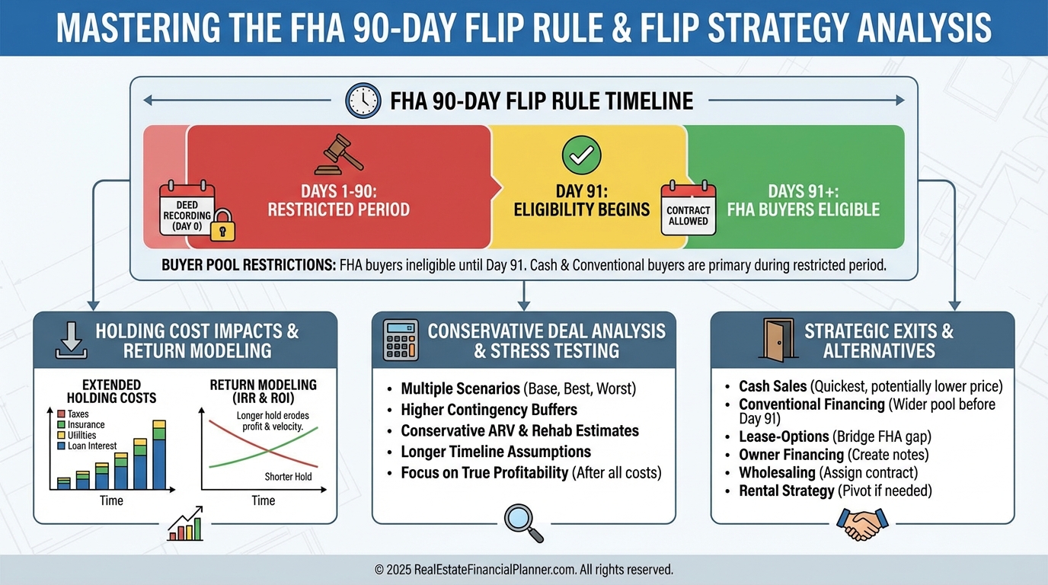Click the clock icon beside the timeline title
[x=363, y=101]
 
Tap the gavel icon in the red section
[x=339, y=155]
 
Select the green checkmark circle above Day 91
[x=582, y=155]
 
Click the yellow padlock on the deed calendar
[x=222, y=225]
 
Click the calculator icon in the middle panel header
[x=401, y=340]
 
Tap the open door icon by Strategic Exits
[x=778, y=340]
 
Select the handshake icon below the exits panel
[x=862, y=524]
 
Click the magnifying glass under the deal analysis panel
[x=523, y=523]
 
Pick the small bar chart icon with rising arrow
[x=185, y=524]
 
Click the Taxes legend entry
[x=73, y=414]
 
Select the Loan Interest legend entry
[x=87, y=446]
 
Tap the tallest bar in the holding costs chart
[x=159, y=455]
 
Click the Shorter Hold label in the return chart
[x=288, y=476]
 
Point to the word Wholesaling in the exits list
[x=777, y=473]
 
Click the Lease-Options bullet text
[x=835, y=436]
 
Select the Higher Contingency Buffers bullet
[x=489, y=410]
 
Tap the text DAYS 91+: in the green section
[x=804, y=191]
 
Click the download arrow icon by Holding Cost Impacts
[x=71, y=340]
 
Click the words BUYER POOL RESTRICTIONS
[x=249, y=265]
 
